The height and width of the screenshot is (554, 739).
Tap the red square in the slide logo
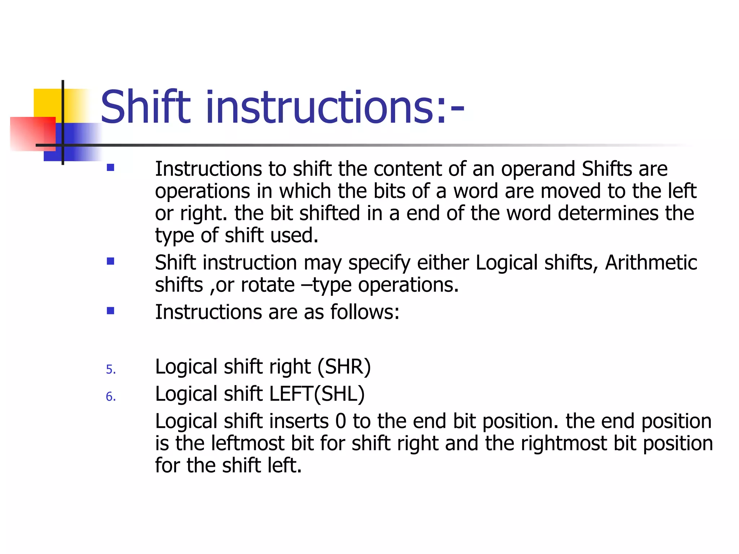pyautogui.click(x=32, y=133)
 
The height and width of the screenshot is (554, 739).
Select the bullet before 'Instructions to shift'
pyautogui.click(x=110, y=168)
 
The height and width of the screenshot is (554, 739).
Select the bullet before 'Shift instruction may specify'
pyautogui.click(x=110, y=261)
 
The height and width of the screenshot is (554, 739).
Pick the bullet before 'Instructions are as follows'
pyautogui.click(x=110, y=311)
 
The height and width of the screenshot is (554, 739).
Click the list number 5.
pyautogui.click(x=111, y=370)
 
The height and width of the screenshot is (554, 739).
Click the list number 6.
pyautogui.click(x=111, y=397)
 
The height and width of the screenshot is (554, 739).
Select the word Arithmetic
pyautogui.click(x=651, y=262)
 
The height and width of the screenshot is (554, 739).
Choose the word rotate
pyautogui.click(x=268, y=285)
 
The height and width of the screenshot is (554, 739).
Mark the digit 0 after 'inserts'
pyautogui.click(x=341, y=421)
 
